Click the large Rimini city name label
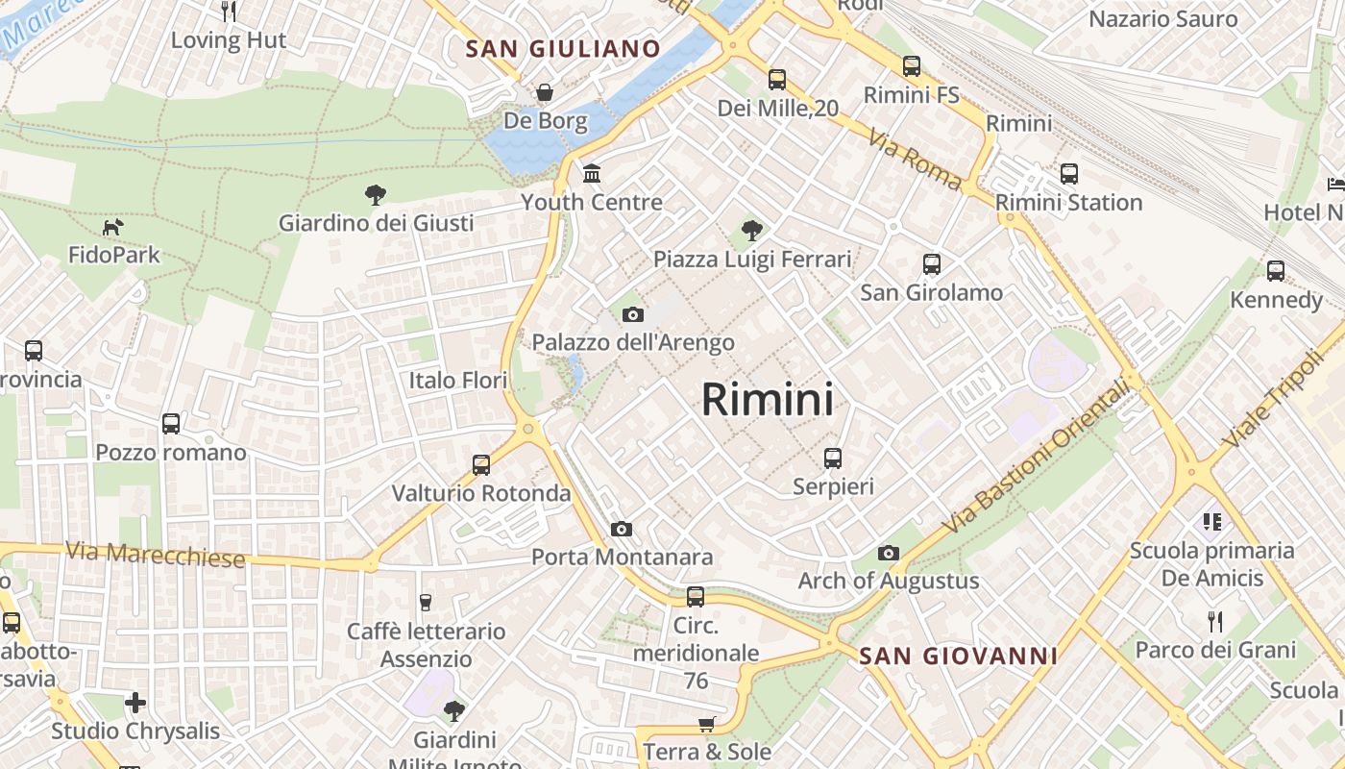(x=767, y=399)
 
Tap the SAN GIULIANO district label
(x=563, y=49)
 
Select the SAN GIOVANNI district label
(x=958, y=657)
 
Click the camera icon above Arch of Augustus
(x=889, y=553)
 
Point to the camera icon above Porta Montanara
(x=622, y=529)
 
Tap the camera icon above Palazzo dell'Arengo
(x=632, y=314)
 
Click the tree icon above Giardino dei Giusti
(x=376, y=195)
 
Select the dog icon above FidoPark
(x=113, y=228)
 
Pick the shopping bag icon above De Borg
(x=545, y=92)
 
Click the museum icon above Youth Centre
(x=592, y=174)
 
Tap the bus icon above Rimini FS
(x=911, y=66)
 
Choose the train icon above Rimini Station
(x=1068, y=174)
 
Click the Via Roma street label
(x=915, y=159)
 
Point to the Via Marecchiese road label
(x=156, y=555)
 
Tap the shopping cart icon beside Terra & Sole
(x=707, y=724)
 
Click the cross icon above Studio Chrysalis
(x=135, y=703)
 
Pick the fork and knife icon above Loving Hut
(x=229, y=12)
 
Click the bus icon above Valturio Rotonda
(x=481, y=465)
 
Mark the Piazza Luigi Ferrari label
(x=752, y=260)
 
